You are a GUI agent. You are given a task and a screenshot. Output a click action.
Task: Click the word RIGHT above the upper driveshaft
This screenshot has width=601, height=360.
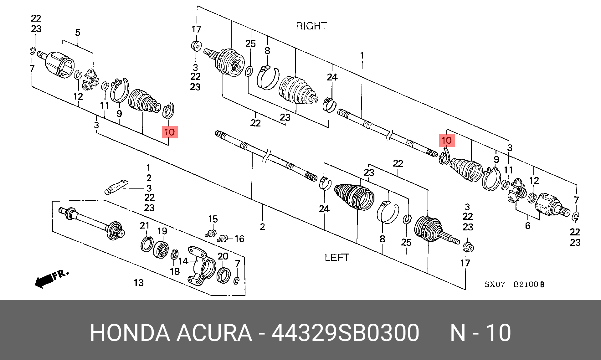coord(311,26)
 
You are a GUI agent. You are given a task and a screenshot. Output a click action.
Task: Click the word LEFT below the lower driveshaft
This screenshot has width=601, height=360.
coord(337,258)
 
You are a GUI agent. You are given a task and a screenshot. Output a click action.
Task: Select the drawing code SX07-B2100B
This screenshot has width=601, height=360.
coord(514,284)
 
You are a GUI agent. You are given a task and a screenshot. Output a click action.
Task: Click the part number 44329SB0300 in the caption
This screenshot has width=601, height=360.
coord(345,332)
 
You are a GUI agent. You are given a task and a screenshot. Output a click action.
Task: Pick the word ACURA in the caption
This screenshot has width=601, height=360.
coord(214,332)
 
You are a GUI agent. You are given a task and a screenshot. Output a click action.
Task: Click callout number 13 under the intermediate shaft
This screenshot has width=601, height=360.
coord(139,283)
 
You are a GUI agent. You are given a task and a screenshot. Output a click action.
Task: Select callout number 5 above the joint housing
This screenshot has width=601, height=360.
coord(78,32)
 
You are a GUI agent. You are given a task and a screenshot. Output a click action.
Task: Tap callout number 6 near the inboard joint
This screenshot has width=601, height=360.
coord(528,226)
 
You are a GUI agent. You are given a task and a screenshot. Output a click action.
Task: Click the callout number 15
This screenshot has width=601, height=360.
coord(213,219)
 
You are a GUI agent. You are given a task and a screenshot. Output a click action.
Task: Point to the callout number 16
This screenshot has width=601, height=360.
coord(239,239)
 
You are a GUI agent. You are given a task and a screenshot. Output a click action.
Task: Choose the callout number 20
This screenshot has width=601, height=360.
coord(223,256)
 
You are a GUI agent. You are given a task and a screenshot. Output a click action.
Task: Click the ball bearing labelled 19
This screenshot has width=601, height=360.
coord(161,249)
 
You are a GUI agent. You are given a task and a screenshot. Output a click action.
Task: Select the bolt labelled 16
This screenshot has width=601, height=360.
coord(223,239)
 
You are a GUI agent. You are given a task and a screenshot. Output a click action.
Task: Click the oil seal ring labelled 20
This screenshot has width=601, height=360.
coord(223,275)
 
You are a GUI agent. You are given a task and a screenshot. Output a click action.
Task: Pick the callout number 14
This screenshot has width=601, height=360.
coord(183,261)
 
